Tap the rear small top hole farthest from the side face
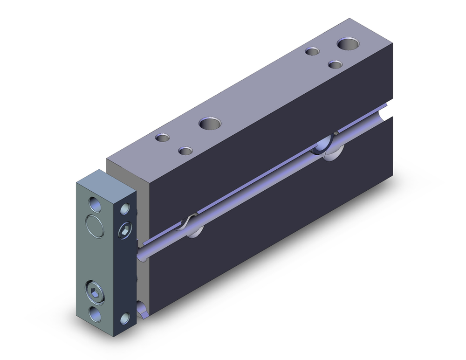point(312,51)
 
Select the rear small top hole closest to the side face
point(335,64)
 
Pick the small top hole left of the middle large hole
point(163,138)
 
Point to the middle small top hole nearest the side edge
point(185,151)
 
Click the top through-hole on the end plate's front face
point(95,205)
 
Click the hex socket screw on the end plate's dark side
point(125,230)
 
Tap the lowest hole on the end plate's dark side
point(125,318)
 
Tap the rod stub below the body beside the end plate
point(142,308)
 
